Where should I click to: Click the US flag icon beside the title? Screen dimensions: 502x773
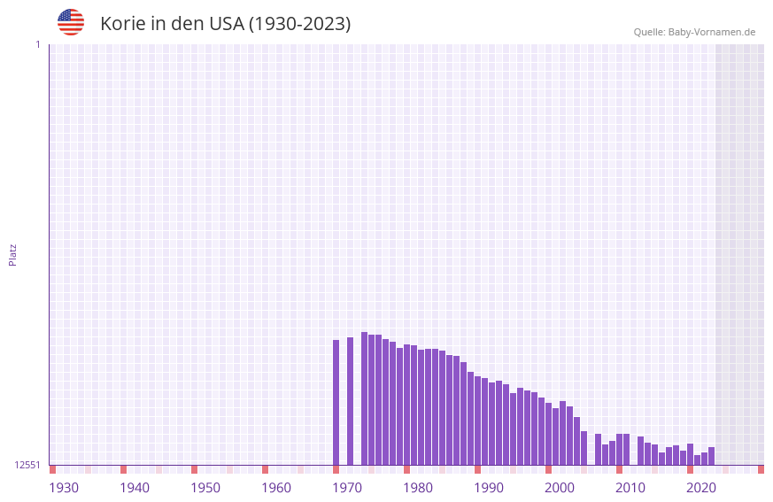pyautogui.click(x=71, y=22)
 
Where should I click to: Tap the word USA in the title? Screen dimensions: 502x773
pyautogui.click(x=226, y=24)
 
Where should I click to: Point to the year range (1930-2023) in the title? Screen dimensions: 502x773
pyautogui.click(x=299, y=24)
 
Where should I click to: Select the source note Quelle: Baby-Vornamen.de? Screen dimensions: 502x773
pyautogui.click(x=694, y=32)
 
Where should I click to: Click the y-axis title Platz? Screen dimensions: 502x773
pyautogui.click(x=12, y=254)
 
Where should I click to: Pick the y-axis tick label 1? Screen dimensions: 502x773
pyautogui.click(x=37, y=44)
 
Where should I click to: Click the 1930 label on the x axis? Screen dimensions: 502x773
pyautogui.click(x=64, y=488)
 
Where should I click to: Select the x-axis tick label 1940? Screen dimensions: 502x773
pyautogui.click(x=135, y=488)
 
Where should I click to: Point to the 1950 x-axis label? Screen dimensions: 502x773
pyautogui.click(x=205, y=488)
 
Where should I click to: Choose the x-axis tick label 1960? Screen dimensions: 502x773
pyautogui.click(x=276, y=488)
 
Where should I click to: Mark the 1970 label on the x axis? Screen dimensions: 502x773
pyautogui.click(x=347, y=488)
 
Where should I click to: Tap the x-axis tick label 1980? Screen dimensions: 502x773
pyautogui.click(x=418, y=488)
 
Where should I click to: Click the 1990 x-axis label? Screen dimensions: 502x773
pyautogui.click(x=489, y=488)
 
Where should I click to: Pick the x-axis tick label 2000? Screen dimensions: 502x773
pyautogui.click(x=560, y=488)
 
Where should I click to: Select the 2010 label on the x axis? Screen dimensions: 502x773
pyautogui.click(x=630, y=488)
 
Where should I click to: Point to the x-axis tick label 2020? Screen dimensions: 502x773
pyautogui.click(x=701, y=488)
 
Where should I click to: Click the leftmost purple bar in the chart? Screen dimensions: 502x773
pyautogui.click(x=336, y=402)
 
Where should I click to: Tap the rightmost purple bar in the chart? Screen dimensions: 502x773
pyautogui.click(x=711, y=456)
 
